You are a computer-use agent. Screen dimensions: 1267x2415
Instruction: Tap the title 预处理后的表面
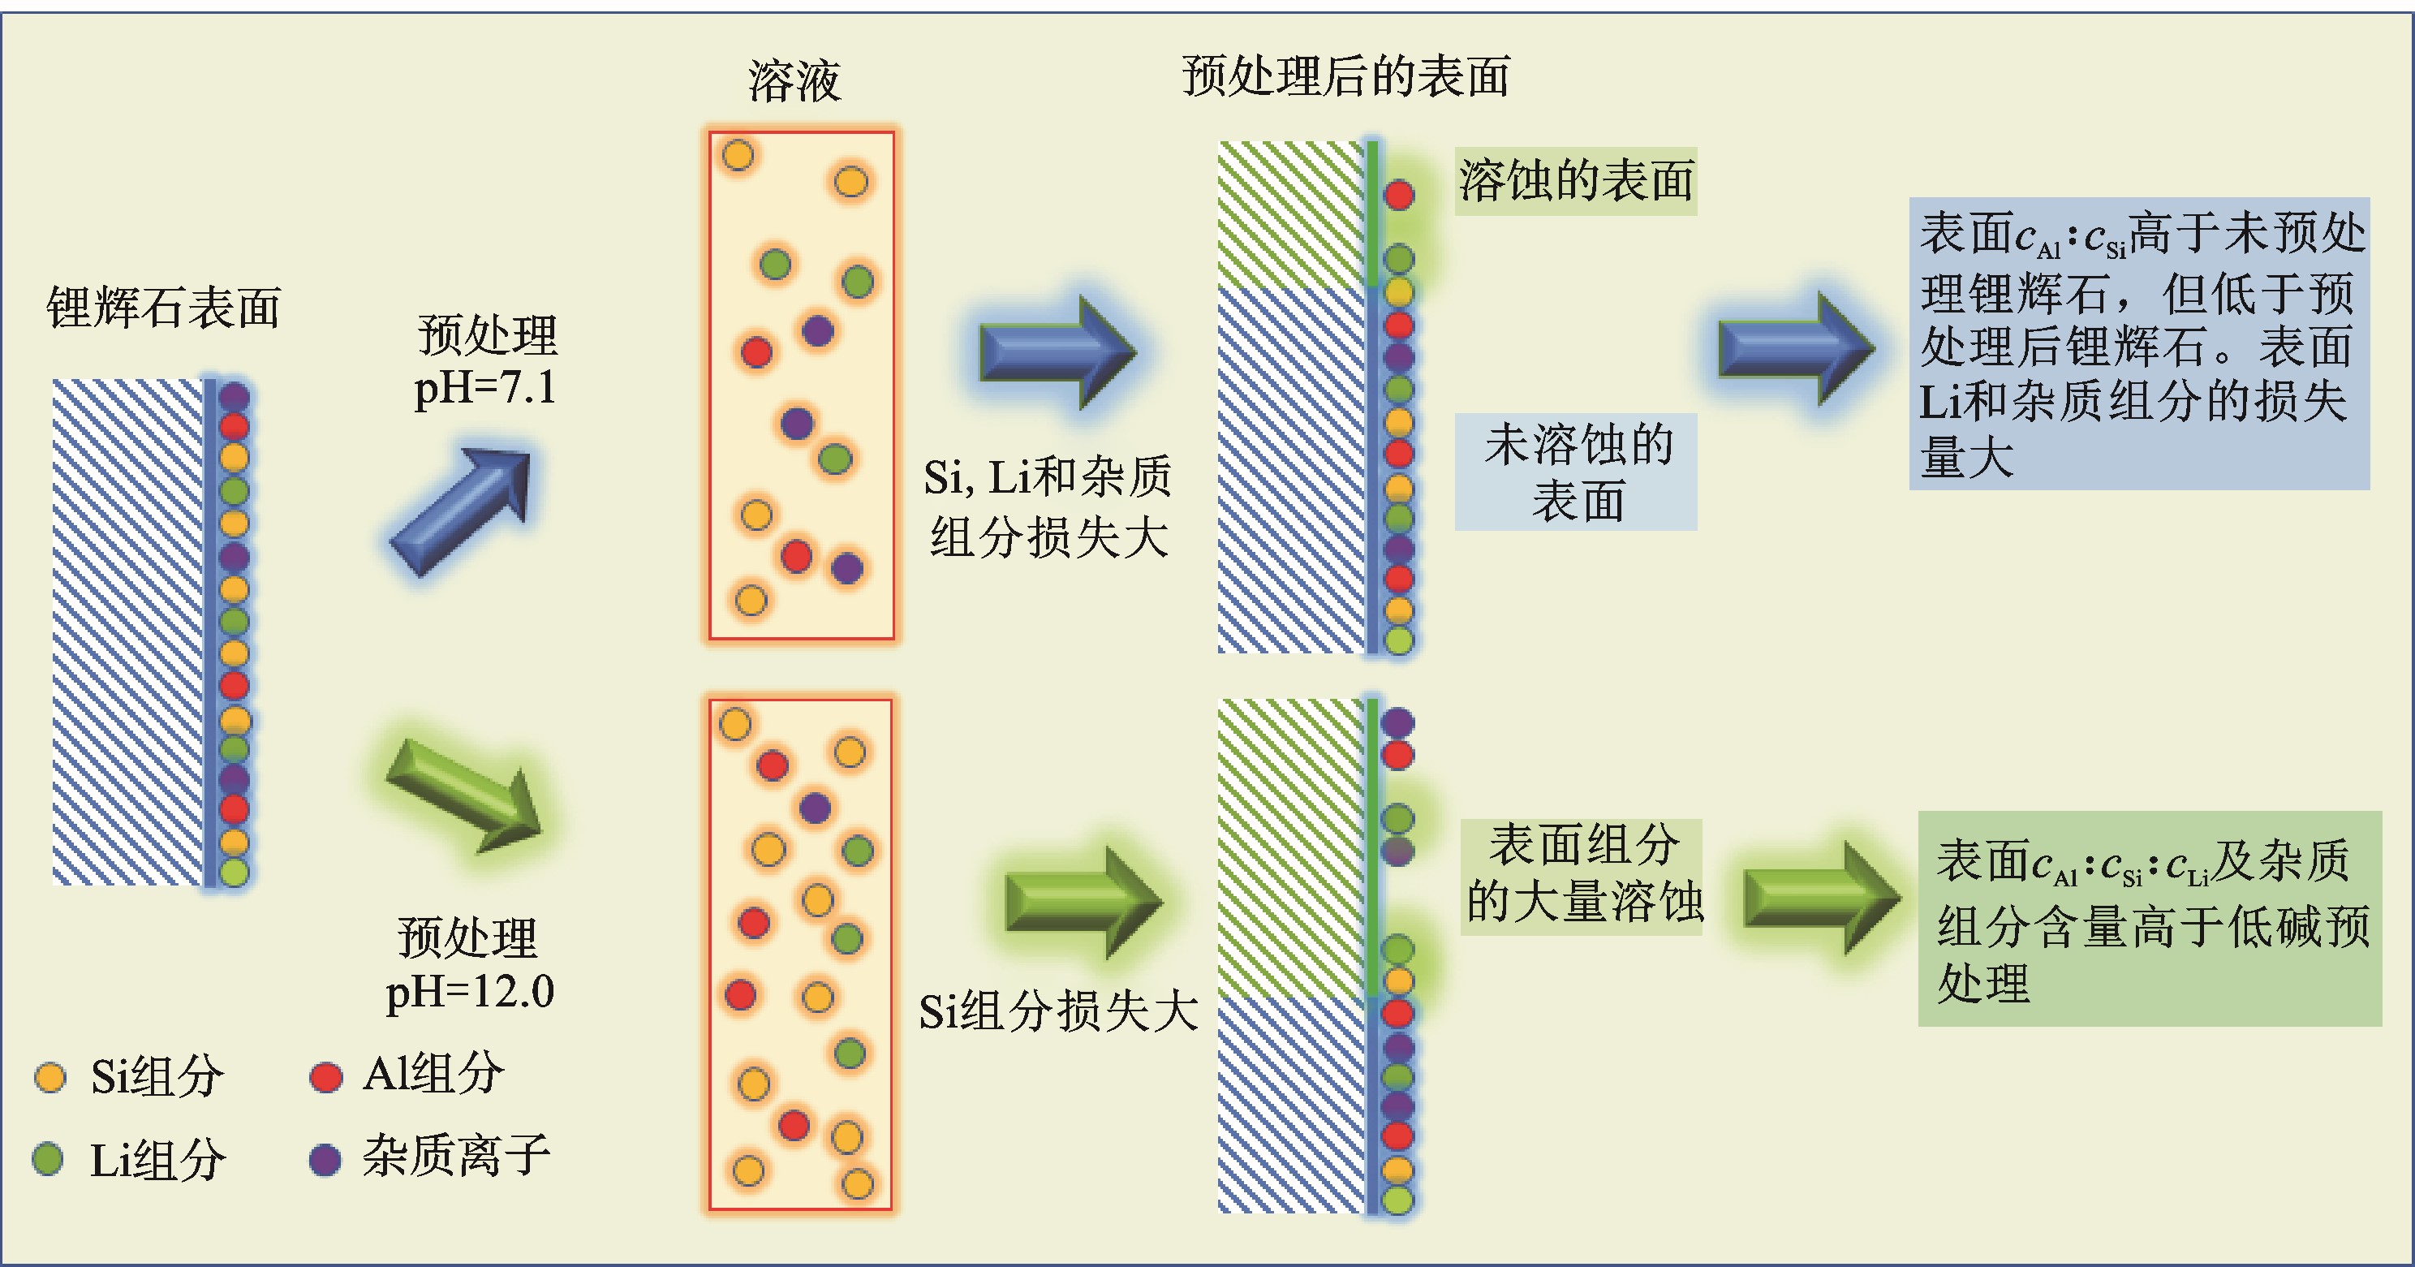(x=1345, y=77)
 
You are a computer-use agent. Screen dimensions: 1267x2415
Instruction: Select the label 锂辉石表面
(x=163, y=308)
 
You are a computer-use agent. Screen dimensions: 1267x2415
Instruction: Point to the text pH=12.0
(x=470, y=991)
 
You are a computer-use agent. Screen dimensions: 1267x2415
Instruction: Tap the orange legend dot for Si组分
(x=50, y=1076)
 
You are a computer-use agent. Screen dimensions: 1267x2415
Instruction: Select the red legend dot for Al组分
(x=325, y=1076)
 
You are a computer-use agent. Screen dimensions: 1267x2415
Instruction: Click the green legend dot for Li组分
(x=48, y=1159)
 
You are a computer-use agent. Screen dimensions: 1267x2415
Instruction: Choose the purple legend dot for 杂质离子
(x=325, y=1159)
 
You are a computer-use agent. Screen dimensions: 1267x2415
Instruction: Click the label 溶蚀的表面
(x=1575, y=181)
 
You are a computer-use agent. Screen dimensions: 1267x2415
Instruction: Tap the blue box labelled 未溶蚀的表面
(x=1576, y=472)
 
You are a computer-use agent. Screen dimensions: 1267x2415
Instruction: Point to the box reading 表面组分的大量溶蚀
(x=1582, y=875)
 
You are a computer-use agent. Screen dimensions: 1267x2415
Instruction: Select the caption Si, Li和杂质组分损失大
(x=1048, y=506)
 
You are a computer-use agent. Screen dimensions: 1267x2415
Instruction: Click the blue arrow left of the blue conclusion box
(x=1794, y=349)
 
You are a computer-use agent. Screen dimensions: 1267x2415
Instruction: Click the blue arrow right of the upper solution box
(x=1057, y=351)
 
